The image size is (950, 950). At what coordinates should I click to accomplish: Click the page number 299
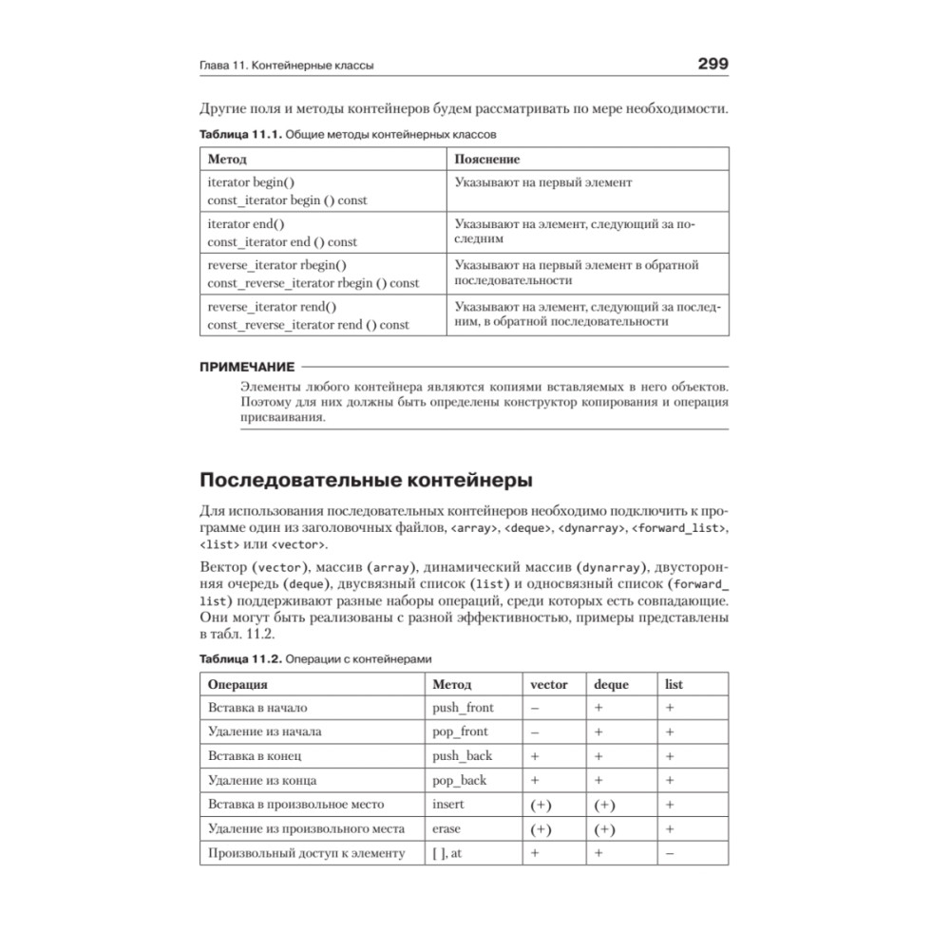click(712, 65)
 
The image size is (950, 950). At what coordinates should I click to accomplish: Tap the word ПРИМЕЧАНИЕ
click(247, 366)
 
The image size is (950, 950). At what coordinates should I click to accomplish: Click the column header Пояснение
click(487, 160)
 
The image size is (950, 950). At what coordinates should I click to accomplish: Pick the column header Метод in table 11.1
click(227, 160)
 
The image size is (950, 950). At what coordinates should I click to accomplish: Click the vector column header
click(549, 684)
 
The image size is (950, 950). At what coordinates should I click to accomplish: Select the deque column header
click(611, 684)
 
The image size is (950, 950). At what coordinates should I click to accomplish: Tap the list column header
click(674, 684)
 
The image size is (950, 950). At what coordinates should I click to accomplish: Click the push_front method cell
click(463, 708)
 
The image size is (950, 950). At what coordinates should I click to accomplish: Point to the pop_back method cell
click(459, 780)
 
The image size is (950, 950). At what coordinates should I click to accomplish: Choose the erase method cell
click(446, 828)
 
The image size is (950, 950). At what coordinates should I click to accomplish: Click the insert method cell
click(448, 805)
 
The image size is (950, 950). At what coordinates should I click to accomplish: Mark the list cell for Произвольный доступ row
click(670, 853)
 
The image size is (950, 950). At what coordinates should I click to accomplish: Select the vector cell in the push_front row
click(536, 708)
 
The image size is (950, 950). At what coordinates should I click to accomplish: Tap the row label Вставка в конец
click(255, 756)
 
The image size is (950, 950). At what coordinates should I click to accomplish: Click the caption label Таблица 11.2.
click(239, 658)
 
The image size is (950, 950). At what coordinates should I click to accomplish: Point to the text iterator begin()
click(252, 182)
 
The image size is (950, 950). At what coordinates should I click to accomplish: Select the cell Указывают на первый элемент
click(542, 182)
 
